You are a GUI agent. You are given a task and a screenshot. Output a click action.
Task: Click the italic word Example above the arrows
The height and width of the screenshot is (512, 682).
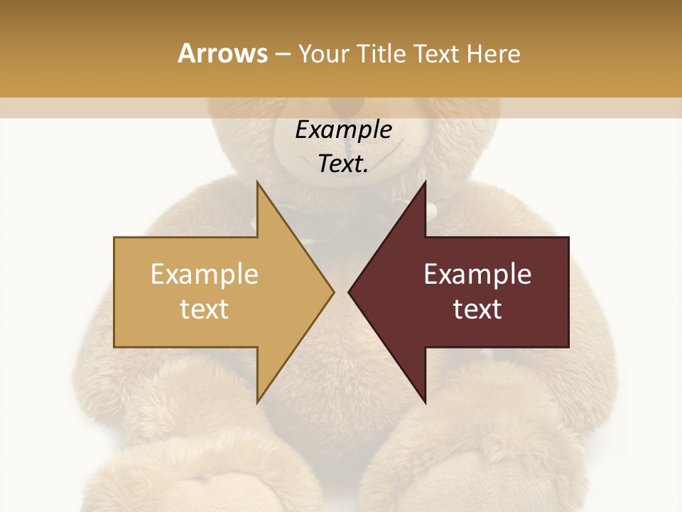[x=343, y=130]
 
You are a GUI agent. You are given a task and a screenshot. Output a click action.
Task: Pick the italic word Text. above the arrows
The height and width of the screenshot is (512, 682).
[x=343, y=164]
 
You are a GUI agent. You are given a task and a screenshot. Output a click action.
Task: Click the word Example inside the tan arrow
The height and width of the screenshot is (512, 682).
[x=204, y=274]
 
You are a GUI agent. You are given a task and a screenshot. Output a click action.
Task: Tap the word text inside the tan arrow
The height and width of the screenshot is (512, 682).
[x=204, y=309]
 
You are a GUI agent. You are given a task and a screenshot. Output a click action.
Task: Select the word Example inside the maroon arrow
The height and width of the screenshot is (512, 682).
[x=477, y=274]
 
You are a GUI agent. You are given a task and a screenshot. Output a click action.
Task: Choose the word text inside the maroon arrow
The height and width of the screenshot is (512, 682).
[x=477, y=309]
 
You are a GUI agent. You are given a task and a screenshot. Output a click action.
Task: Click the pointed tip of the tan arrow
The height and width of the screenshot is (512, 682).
[x=332, y=292]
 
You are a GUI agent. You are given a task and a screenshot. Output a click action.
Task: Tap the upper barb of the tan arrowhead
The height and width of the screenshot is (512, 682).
[x=259, y=185]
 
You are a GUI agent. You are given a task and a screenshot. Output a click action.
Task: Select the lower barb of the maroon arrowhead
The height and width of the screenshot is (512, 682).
[x=424, y=400]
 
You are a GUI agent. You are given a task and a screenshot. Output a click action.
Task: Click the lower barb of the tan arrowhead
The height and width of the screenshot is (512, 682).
[x=259, y=400]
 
